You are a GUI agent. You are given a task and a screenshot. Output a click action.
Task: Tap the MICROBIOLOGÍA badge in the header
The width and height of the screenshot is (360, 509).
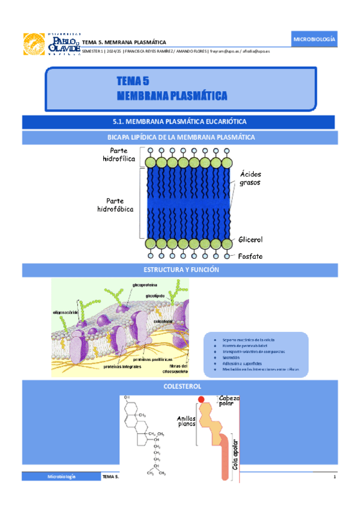[314, 40]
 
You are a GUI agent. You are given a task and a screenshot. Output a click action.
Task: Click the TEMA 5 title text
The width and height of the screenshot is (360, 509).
[133, 81]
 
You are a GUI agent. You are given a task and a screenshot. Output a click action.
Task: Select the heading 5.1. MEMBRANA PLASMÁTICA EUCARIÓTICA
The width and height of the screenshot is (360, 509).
[180, 122]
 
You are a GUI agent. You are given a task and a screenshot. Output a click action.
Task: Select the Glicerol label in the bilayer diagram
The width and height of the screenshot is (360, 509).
[250, 239]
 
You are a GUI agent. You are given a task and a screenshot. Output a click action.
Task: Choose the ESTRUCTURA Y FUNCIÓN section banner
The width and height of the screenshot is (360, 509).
[180, 271]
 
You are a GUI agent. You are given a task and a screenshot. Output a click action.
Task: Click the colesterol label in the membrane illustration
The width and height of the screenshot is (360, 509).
[163, 322]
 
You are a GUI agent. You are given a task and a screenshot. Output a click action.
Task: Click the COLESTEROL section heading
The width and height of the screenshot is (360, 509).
[180, 387]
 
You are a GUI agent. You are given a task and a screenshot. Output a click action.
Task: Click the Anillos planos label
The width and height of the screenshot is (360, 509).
[187, 421]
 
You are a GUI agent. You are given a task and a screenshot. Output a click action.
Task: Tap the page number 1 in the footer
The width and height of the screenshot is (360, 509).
[334, 477]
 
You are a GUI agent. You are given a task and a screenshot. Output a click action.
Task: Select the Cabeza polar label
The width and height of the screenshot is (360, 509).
[229, 401]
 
